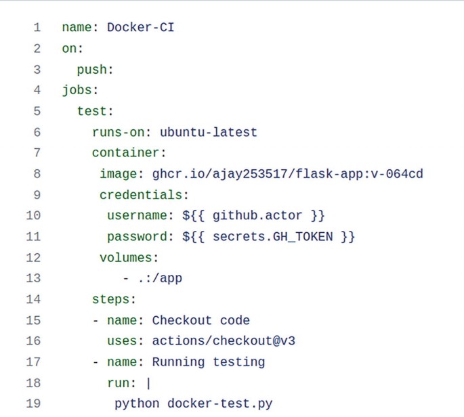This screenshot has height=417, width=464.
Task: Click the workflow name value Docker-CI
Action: click(x=140, y=28)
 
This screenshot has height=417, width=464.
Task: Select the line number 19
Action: click(x=33, y=404)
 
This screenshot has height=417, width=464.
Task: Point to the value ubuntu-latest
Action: click(x=208, y=132)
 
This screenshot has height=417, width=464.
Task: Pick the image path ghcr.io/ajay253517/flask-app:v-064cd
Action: click(x=284, y=174)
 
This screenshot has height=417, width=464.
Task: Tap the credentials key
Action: click(x=141, y=195)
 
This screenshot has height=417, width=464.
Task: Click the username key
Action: click(x=138, y=216)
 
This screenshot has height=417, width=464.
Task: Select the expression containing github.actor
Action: click(x=254, y=216)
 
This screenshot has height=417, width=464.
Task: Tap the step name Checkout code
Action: click(x=201, y=320)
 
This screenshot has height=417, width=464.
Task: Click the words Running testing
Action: click(x=208, y=362)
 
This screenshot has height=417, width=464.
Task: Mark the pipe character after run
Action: click(x=148, y=383)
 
